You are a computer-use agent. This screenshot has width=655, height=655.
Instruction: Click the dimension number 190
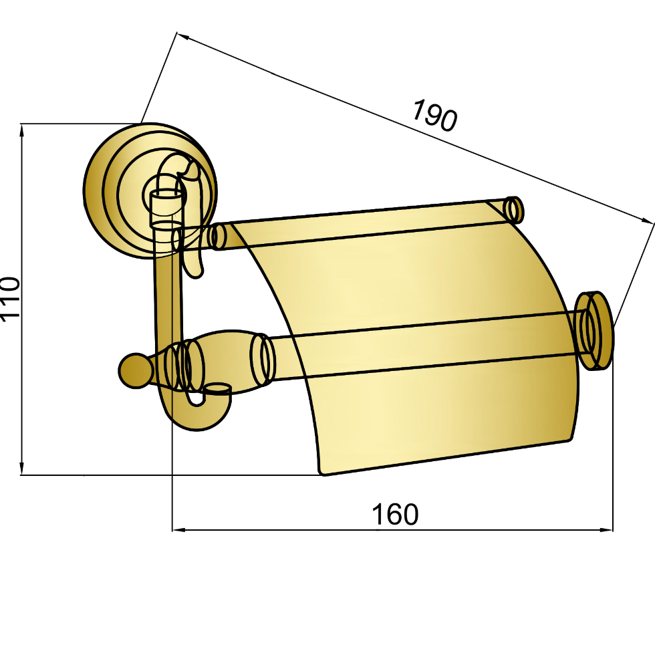[435, 115]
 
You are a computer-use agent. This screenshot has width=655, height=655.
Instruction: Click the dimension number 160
[395, 514]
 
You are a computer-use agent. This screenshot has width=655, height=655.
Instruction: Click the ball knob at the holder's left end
[134, 371]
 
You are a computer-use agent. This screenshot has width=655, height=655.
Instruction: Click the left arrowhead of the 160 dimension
[178, 530]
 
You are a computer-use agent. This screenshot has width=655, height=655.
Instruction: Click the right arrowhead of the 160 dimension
[607, 530]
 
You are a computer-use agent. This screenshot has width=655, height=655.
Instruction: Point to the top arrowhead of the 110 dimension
[22, 130]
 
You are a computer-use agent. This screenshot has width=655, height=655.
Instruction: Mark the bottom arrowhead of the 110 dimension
[22, 469]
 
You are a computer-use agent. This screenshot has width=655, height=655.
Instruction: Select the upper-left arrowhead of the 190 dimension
[183, 36]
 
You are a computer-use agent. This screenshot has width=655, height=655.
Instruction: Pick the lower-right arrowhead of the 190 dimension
[647, 221]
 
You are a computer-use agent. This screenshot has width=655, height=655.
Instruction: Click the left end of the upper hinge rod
[217, 237]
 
